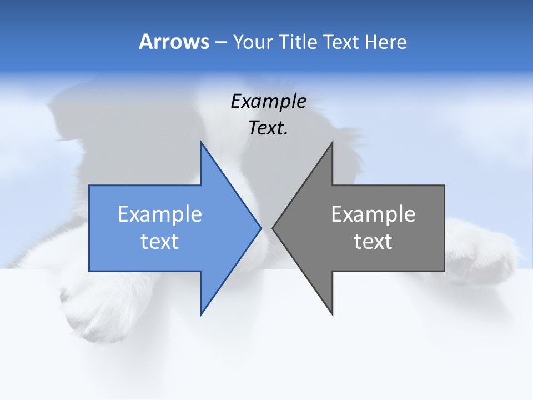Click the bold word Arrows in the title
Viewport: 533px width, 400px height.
click(x=174, y=42)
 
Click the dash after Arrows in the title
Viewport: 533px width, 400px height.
click(x=220, y=42)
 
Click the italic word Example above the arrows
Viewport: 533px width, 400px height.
click(x=268, y=102)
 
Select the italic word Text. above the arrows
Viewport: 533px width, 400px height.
click(x=268, y=128)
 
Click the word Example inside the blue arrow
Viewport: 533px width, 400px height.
click(x=160, y=214)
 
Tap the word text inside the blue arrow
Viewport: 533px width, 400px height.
click(x=160, y=242)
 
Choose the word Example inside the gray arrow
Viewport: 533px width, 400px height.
click(x=373, y=214)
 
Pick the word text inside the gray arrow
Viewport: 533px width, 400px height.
click(x=373, y=242)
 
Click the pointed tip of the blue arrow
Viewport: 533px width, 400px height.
click(x=260, y=228)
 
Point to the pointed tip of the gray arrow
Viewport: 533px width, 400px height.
click(x=273, y=228)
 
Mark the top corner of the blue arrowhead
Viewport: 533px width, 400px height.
click(x=202, y=143)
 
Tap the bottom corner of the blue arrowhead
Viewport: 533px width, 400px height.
click(x=202, y=314)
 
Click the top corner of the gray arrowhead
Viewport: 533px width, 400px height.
click(x=332, y=143)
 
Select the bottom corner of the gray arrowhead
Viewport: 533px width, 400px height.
click(x=332, y=314)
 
